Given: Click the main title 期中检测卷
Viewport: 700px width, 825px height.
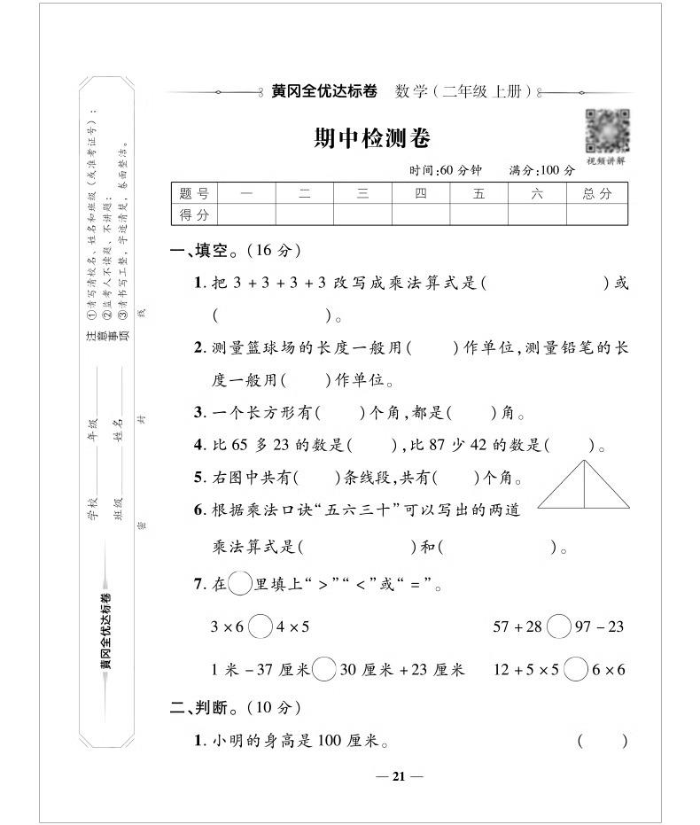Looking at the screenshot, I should (372, 138).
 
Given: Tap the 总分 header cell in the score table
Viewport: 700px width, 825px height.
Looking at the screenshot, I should (597, 193).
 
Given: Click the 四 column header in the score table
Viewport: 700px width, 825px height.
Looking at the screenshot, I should (420, 193).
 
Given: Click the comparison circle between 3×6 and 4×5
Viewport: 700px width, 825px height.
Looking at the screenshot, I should (261, 627).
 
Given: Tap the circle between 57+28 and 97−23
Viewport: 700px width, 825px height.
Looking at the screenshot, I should (559, 627).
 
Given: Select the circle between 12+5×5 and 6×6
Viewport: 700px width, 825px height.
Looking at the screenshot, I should (576, 669).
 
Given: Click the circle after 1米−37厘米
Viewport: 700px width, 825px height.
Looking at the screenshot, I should (324, 669).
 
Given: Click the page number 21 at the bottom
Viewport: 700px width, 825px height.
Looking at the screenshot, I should (399, 776).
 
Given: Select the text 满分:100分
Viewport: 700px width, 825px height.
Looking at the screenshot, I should (541, 170).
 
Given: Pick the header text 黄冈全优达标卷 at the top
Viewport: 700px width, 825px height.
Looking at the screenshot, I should (324, 91).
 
